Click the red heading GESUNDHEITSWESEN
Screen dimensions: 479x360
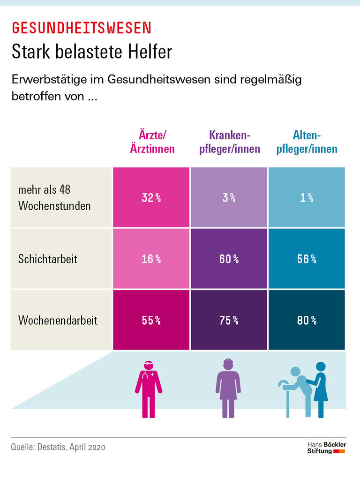[x=82, y=28]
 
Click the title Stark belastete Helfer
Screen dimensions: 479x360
[x=92, y=52]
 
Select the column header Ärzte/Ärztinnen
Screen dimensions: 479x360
[x=151, y=142]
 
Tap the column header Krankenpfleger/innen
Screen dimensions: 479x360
[x=230, y=142]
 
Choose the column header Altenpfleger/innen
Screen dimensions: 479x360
[x=307, y=142]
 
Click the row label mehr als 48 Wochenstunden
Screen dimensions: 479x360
[x=54, y=198]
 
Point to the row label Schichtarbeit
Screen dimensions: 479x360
[x=48, y=259]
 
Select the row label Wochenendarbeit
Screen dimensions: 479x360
[x=58, y=320]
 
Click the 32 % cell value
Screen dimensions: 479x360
[x=151, y=198]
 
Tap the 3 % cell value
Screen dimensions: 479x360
[x=229, y=198]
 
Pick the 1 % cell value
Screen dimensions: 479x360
[x=307, y=198]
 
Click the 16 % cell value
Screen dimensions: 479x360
[x=151, y=259]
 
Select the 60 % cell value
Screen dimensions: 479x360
[x=229, y=259]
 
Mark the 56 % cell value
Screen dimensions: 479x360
[x=307, y=259]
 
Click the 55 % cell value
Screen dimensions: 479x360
[x=151, y=320]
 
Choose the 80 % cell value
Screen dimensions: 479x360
[x=307, y=320]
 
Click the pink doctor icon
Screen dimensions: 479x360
[x=148, y=388]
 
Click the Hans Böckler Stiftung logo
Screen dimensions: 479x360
[x=326, y=447]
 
